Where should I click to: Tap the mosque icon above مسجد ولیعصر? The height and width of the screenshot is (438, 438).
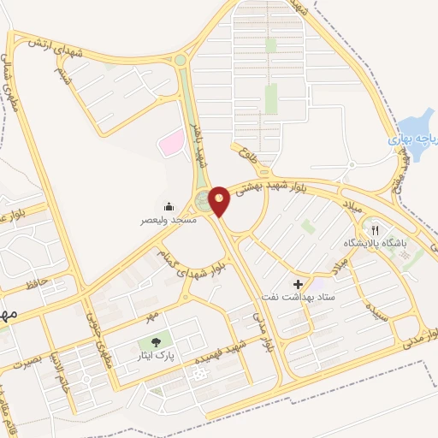point(169,207)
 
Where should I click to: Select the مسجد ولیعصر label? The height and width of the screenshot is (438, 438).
point(169,220)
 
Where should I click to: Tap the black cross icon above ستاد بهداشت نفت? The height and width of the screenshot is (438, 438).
point(298,284)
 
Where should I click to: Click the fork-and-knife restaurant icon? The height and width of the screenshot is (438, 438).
point(374,230)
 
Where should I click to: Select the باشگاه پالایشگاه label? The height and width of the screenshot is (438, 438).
point(372,243)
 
